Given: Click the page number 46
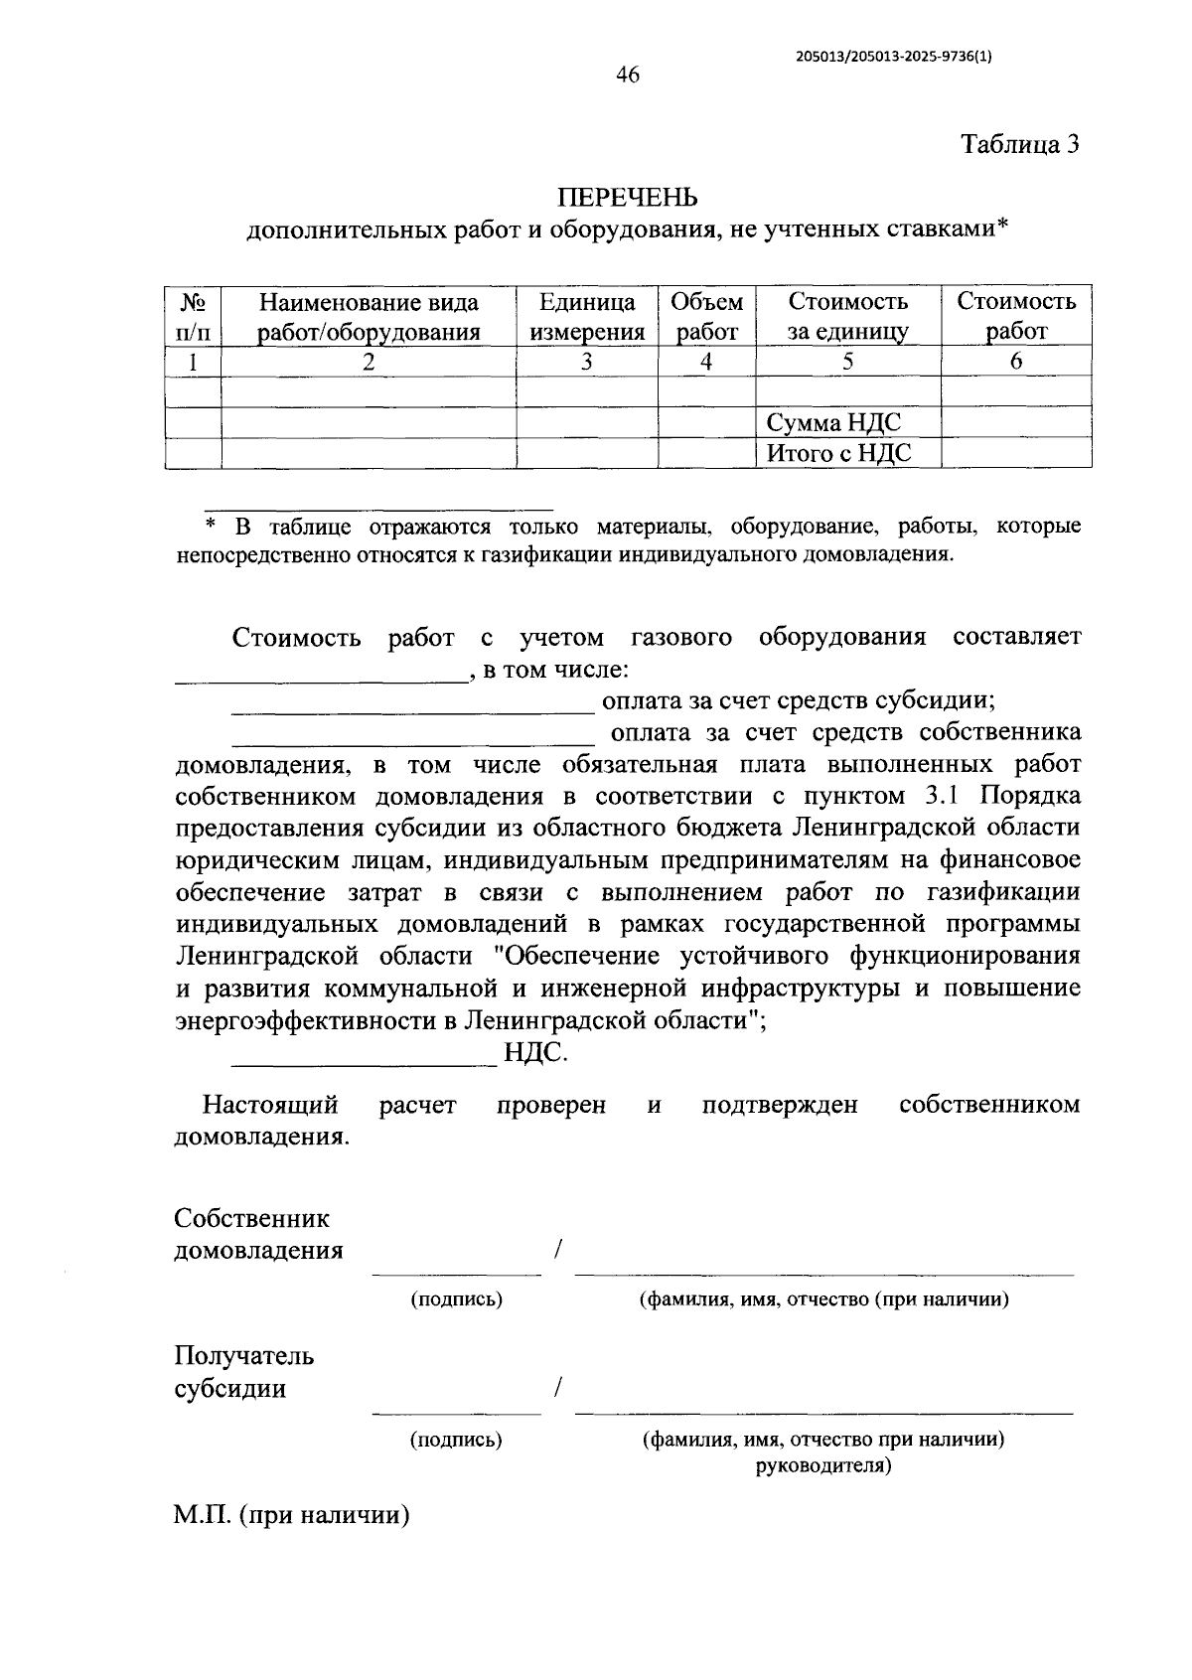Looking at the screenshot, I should tap(627, 76).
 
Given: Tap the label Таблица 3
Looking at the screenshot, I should tap(1019, 145).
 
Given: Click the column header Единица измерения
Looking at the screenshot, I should tap(587, 317).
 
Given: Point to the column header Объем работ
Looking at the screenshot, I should tap(706, 317).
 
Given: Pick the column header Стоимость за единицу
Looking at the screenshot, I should tap(847, 317).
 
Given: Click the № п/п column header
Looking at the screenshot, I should tap(193, 317).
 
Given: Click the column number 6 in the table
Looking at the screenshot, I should tap(1015, 362).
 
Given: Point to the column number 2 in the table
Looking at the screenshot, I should tap(369, 362).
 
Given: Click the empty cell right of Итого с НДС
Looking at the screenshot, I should tap(1015, 454).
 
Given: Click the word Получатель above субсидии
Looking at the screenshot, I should tap(244, 1356).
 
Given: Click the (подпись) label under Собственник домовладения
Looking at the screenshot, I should tap(457, 1298).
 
